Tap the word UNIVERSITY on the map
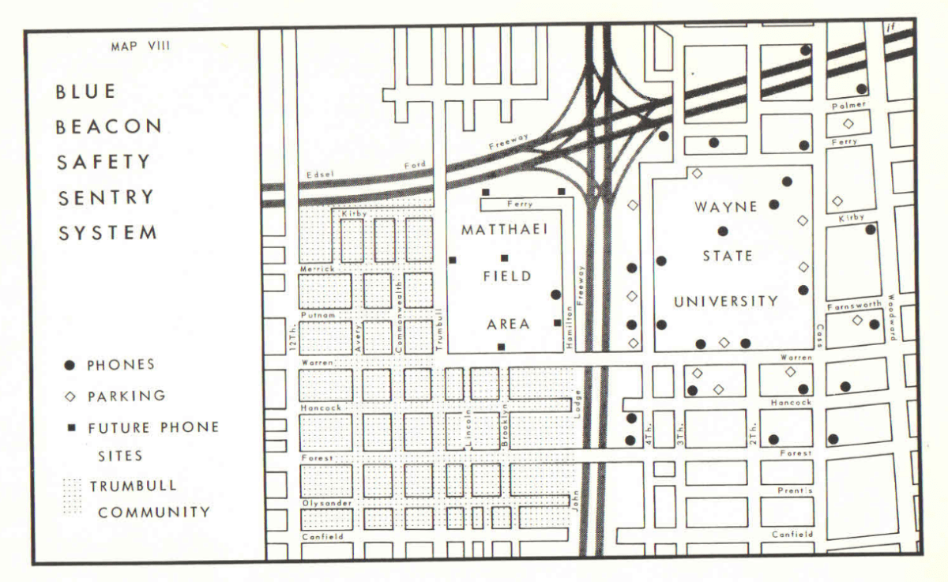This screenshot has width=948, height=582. click(x=725, y=301)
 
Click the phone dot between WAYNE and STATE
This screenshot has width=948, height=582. click(x=721, y=231)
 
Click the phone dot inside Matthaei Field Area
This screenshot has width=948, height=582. click(x=555, y=295)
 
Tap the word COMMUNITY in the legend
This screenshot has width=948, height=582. click(x=154, y=511)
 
